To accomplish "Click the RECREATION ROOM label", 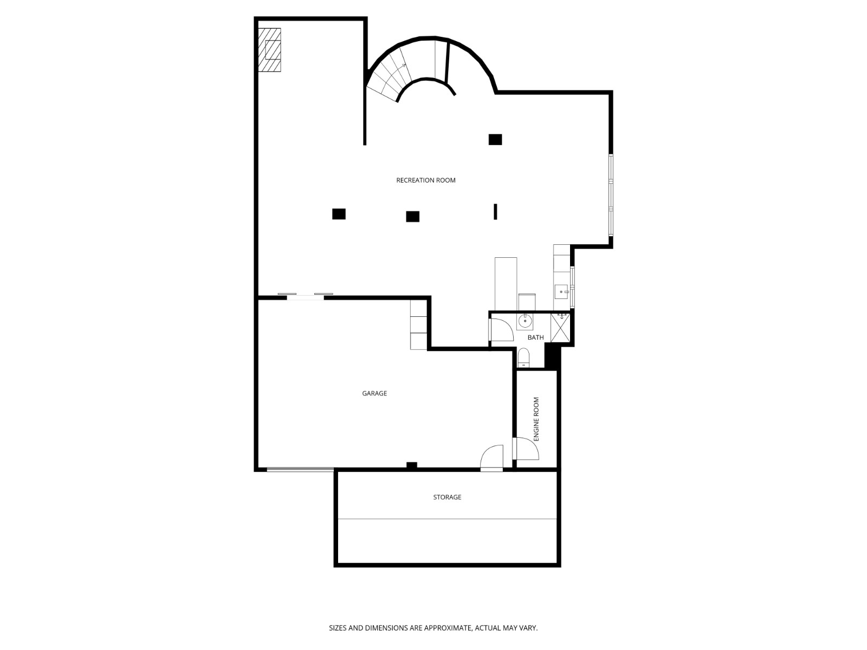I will click(x=425, y=180).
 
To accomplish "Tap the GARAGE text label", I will click(x=374, y=393).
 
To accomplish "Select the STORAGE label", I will click(x=447, y=497).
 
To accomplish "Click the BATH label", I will click(x=535, y=337).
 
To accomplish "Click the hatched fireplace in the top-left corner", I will click(x=269, y=50).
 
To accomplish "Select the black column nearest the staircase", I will click(x=495, y=139).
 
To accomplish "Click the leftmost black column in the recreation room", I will click(x=339, y=214).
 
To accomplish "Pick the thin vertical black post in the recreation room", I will click(x=495, y=211).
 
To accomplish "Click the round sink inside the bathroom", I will click(x=525, y=321).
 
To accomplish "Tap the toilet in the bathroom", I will click(x=523, y=358).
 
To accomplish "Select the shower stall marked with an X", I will click(x=560, y=328).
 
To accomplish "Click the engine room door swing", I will click(x=526, y=448).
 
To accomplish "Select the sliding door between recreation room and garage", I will click(x=305, y=296).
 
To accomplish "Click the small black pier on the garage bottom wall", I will click(x=411, y=465).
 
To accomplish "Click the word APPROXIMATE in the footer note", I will click(x=448, y=628).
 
